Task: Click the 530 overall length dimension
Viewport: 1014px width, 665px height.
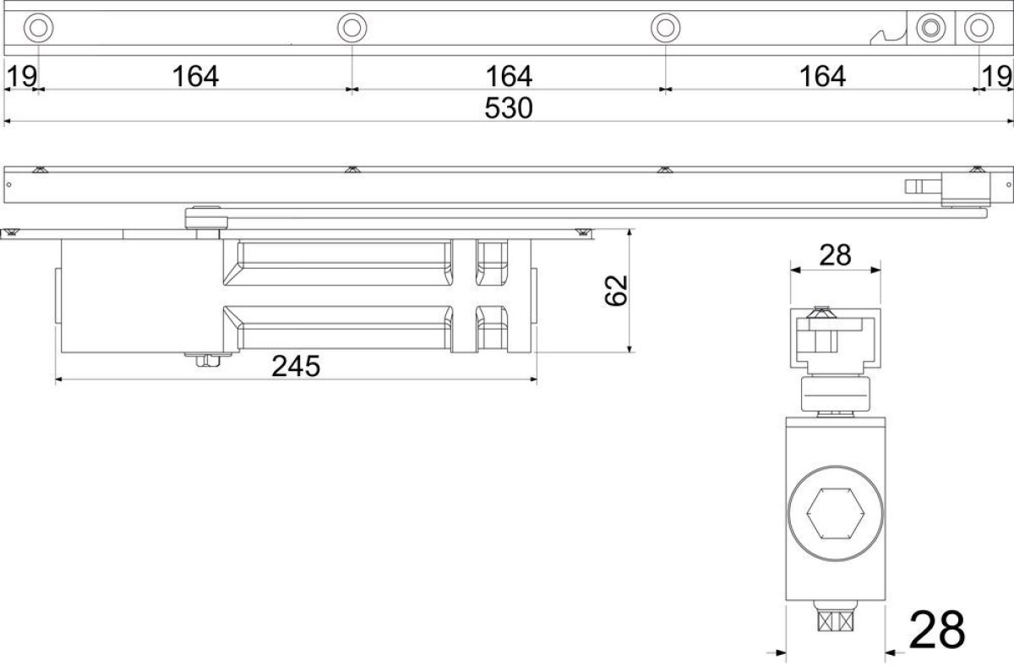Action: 509,108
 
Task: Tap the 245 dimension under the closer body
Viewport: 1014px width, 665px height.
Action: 296,366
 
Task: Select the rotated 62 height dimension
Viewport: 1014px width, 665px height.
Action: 616,291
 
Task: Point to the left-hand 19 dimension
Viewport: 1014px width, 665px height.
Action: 22,76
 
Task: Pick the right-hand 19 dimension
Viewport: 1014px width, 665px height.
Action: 996,76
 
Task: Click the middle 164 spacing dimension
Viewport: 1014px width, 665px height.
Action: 509,76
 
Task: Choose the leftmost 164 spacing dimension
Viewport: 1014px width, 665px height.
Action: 195,76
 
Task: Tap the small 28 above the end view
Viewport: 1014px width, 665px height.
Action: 835,255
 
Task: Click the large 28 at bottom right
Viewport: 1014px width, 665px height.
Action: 937,630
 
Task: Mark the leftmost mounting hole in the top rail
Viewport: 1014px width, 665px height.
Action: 39,28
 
